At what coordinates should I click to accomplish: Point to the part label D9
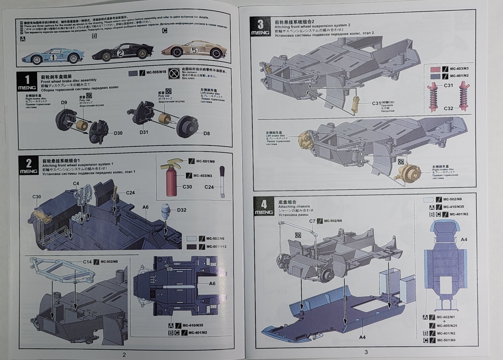pyautogui.click(x=64, y=102)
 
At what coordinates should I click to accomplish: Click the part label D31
pyautogui.click(x=144, y=132)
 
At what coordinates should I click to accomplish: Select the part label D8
pyautogui.click(x=206, y=133)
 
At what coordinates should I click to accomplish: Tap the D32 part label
pyautogui.click(x=181, y=210)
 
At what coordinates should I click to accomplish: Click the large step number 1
pyautogui.click(x=27, y=80)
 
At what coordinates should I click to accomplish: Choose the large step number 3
pyautogui.click(x=260, y=24)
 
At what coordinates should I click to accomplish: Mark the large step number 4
pyautogui.click(x=264, y=204)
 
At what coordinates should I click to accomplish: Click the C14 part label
pyautogui.click(x=87, y=262)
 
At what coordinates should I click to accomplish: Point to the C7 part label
pyautogui.click(x=312, y=221)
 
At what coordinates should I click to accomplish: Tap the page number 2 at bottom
pyautogui.click(x=124, y=355)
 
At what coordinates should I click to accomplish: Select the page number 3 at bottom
pyautogui.click(x=366, y=352)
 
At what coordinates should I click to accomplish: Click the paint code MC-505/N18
pyautogui.click(x=156, y=72)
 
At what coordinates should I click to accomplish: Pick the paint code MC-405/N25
pyautogui.click(x=447, y=325)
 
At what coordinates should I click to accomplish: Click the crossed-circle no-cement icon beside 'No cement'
pyautogui.click(x=173, y=73)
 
